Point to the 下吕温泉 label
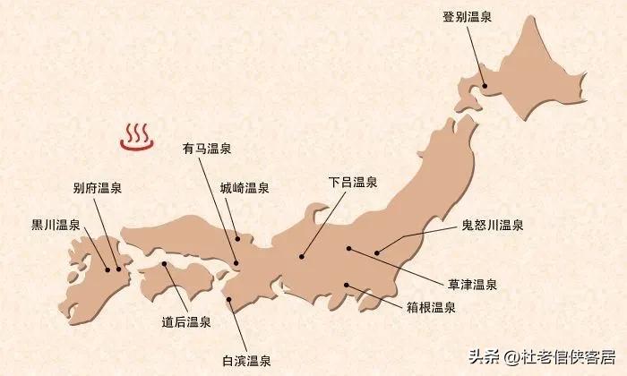[x=353, y=183]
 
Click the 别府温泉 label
[x=98, y=188]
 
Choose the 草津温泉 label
[x=473, y=284]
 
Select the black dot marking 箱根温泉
[x=347, y=286]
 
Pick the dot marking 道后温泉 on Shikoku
[x=166, y=265]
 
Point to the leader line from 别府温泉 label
[x=108, y=233]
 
